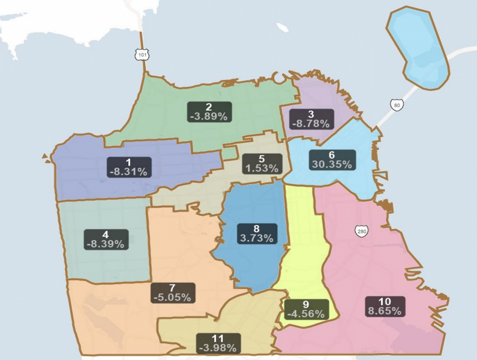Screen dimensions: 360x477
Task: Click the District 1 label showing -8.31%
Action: click(129, 167)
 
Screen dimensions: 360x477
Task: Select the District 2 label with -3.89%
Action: click(209, 112)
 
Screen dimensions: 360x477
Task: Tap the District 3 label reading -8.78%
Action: click(311, 119)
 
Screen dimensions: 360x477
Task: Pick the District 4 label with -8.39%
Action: click(105, 239)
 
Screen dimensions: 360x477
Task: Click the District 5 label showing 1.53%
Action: click(261, 164)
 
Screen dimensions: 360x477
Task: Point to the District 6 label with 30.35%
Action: click(332, 160)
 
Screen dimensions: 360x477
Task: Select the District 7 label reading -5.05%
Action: click(172, 293)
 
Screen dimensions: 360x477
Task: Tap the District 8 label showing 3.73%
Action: click(257, 234)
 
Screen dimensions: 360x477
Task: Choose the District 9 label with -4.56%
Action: click(306, 309)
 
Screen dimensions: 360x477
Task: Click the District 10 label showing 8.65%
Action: click(385, 306)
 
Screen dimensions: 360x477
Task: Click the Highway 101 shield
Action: click(142, 55)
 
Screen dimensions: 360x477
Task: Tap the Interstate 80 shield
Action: click(395, 104)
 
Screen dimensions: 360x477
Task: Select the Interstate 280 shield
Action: click(362, 231)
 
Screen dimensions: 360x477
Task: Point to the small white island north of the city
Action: click(282, 28)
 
